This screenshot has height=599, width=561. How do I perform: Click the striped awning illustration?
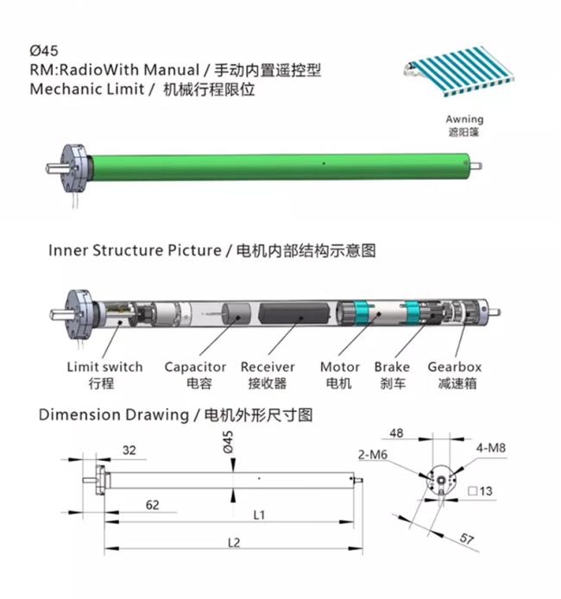[459, 71]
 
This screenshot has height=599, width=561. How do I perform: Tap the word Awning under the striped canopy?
[464, 120]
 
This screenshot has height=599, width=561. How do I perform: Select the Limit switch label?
[105, 367]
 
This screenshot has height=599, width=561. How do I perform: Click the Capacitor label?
[195, 368]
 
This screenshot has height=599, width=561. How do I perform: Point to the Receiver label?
[268, 367]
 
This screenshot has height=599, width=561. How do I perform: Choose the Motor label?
[340, 367]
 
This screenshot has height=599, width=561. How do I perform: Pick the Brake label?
[392, 367]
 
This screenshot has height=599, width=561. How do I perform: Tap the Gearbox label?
[455, 367]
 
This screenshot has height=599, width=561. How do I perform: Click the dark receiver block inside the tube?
[294, 313]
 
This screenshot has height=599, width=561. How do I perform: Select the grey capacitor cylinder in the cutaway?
[236, 314]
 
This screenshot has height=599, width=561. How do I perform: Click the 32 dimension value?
[129, 450]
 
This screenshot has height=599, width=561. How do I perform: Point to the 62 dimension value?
[153, 505]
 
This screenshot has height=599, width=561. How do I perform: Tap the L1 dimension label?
[259, 515]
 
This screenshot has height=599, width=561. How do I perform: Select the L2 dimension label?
[234, 542]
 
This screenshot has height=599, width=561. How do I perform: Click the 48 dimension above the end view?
[396, 433]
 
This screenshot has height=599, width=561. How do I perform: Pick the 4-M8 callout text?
[491, 448]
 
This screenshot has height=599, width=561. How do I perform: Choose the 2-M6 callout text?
[373, 455]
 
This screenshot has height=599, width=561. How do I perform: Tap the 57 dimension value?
[466, 539]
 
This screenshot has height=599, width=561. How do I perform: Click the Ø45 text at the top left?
[44, 50]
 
